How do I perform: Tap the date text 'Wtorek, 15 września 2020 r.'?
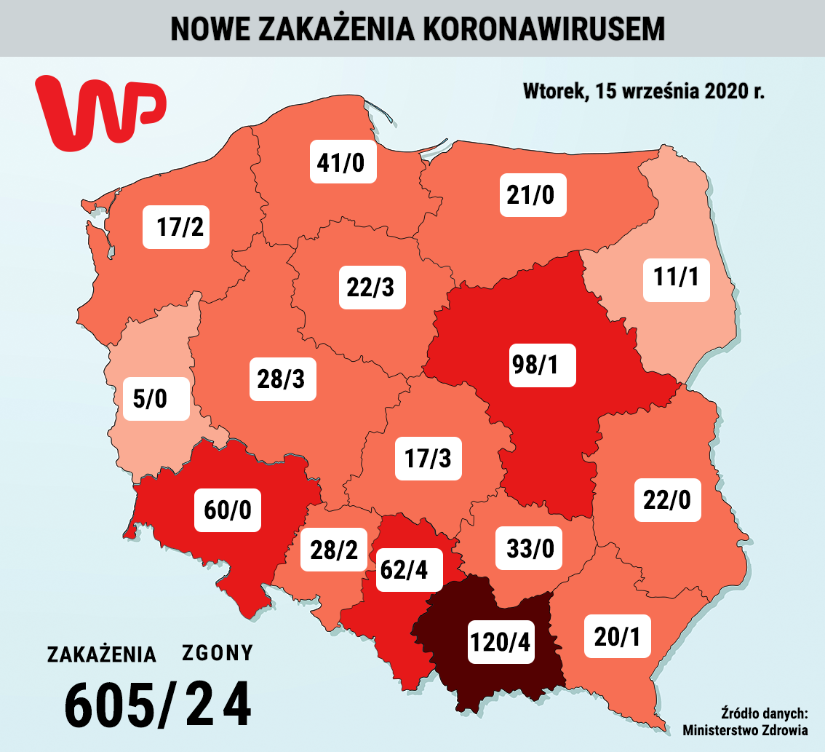[x=643, y=92]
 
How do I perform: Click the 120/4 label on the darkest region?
[x=501, y=641]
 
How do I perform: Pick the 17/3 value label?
[x=429, y=459]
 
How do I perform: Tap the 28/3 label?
[x=283, y=379]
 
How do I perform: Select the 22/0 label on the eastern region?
[x=667, y=500]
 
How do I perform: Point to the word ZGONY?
[x=218, y=653]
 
